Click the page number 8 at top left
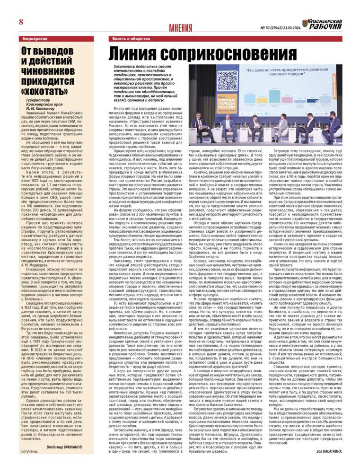coord(21,22)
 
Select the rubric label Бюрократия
coord(35,38)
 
